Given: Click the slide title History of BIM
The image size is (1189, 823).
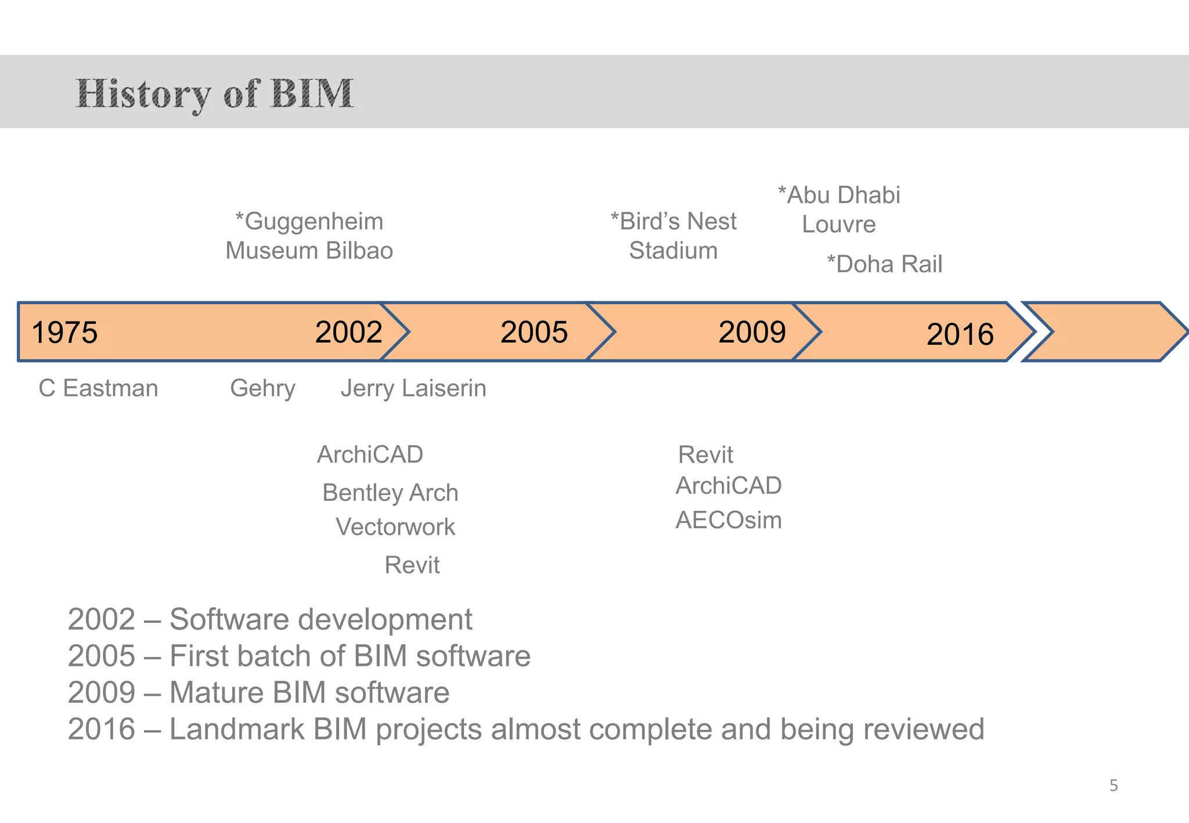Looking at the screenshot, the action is (214, 93).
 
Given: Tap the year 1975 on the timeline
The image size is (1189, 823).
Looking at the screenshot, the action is (64, 333).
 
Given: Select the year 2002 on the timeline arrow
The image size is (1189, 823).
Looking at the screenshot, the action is (348, 332).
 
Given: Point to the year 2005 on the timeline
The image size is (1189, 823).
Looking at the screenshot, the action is (534, 332).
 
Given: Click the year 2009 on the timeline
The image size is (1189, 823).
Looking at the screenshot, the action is (751, 332).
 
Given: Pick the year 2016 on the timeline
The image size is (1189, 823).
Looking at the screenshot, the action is (960, 334).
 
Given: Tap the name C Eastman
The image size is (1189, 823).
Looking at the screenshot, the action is (98, 388).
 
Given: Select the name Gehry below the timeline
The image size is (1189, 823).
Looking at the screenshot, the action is (262, 388).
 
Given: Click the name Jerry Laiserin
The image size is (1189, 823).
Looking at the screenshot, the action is (413, 388).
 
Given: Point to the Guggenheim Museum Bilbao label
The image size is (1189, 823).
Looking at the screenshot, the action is (309, 236).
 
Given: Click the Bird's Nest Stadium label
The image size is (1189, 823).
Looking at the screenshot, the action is (673, 236).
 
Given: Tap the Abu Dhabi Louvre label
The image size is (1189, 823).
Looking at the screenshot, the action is (839, 210).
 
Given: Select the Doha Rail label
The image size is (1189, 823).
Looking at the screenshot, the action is (884, 264).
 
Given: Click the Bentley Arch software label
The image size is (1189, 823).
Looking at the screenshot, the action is (390, 493).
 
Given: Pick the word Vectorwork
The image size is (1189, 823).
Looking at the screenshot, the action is (395, 527).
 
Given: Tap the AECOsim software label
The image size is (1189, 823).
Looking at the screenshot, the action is (729, 520).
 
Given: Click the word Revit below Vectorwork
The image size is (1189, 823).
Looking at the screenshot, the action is (412, 565).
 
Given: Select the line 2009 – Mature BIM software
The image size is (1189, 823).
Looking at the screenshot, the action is (258, 692).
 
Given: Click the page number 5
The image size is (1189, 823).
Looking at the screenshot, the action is (1113, 785).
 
